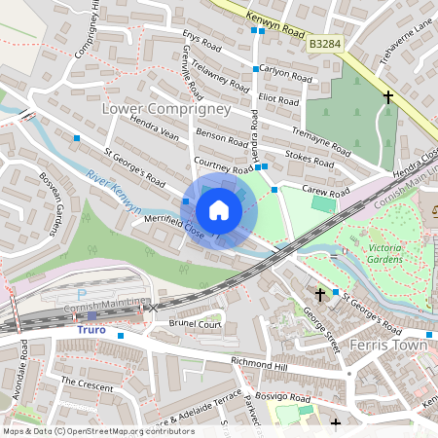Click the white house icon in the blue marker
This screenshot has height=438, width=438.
[219, 209]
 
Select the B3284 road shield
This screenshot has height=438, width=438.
[326, 44]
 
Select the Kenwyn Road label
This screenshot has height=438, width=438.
[255, 18]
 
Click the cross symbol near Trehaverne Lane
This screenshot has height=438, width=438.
[388, 97]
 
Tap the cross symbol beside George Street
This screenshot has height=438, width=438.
[319, 293]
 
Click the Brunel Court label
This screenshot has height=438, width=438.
[196, 324]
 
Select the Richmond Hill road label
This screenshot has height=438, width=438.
[261, 364]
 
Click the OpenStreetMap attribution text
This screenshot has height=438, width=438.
[85, 430]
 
